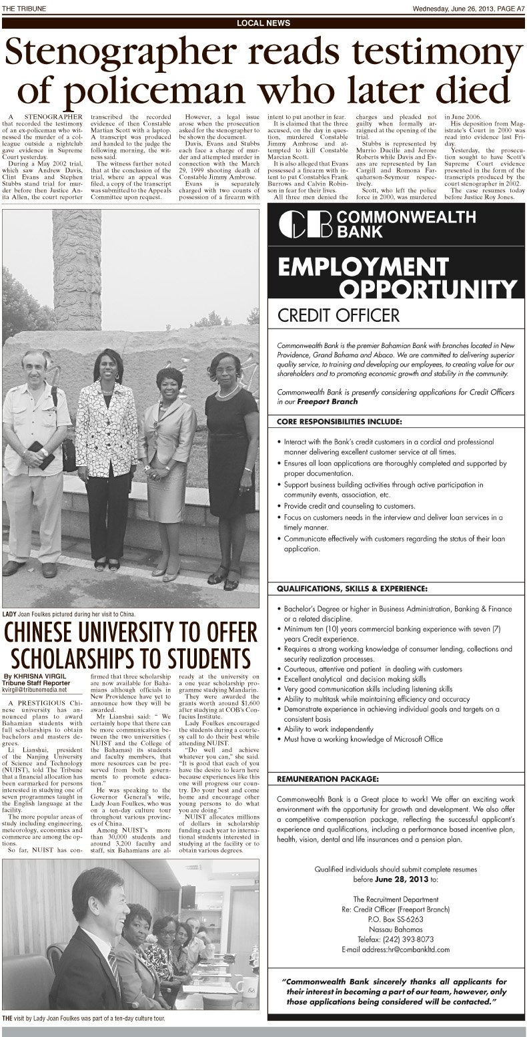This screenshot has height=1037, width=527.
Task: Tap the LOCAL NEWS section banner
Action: click(x=263, y=23)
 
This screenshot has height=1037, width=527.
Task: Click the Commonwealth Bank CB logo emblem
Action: click(x=304, y=224)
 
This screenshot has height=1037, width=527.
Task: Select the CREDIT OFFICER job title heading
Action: click(x=338, y=315)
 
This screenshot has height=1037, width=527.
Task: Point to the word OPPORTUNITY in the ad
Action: click(x=428, y=288)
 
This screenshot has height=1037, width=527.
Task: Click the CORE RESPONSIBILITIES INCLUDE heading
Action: click(x=340, y=421)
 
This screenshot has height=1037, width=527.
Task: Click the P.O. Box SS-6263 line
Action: click(x=396, y=918)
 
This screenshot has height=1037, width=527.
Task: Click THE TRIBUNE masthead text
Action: click(x=23, y=8)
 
